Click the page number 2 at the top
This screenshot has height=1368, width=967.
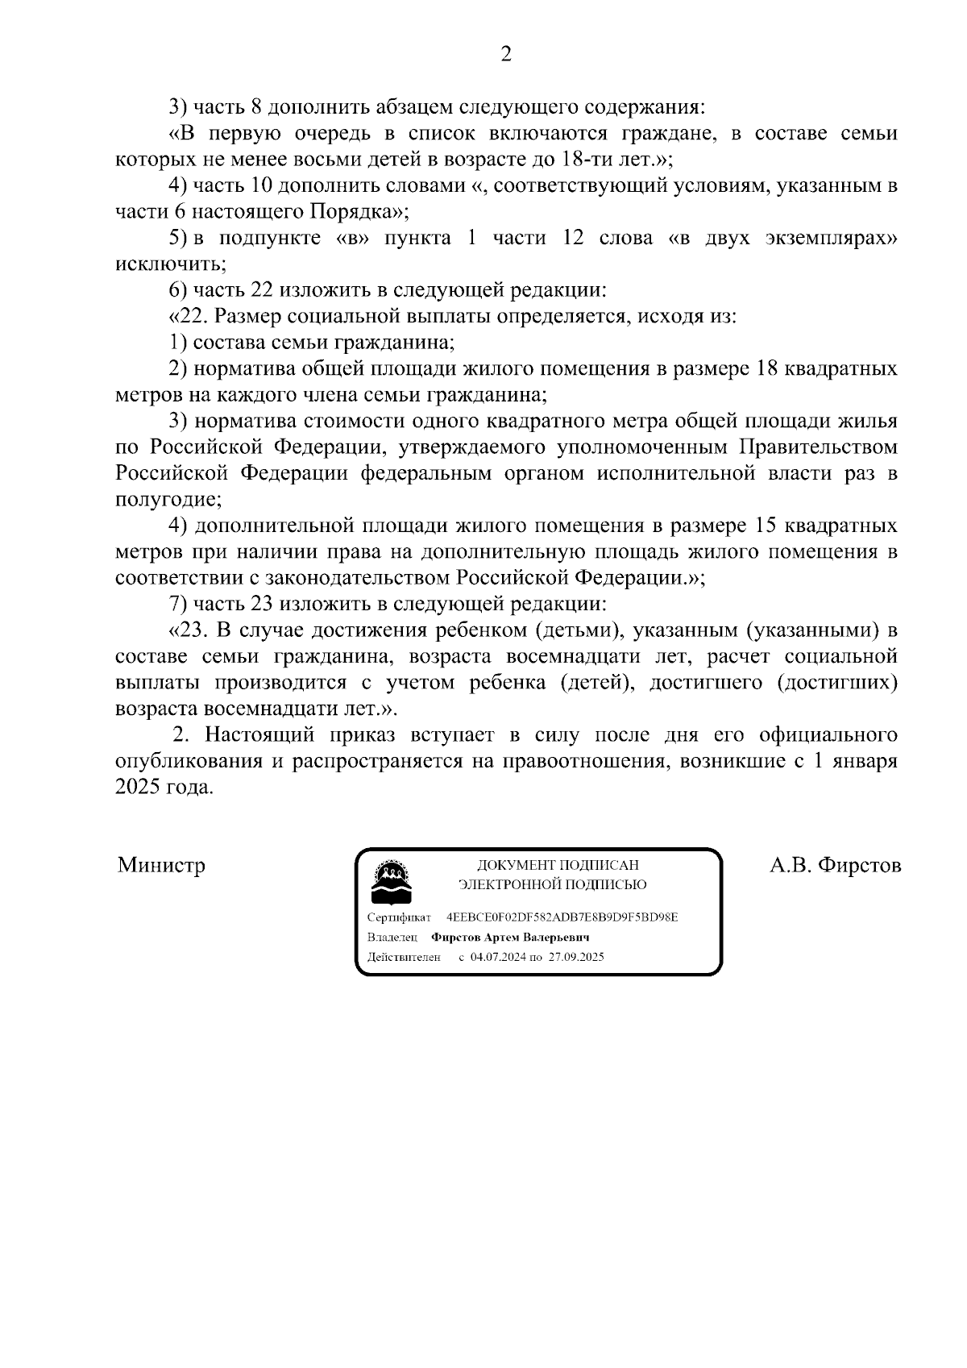(x=506, y=55)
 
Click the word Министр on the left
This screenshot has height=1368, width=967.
(x=161, y=866)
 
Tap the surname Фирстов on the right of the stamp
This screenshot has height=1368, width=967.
(x=858, y=866)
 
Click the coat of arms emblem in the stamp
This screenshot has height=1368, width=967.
(x=391, y=882)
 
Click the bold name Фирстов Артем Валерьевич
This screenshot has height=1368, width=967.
(x=510, y=938)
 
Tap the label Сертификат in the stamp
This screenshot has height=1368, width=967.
(x=399, y=917)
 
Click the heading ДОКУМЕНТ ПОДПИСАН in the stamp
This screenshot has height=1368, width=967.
(x=558, y=865)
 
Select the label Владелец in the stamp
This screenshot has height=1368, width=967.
(x=392, y=938)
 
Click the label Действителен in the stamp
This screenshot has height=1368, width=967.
(x=404, y=957)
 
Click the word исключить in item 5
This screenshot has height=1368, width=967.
(x=168, y=264)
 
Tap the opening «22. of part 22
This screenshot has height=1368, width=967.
(x=189, y=317)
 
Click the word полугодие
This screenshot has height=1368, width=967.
(x=166, y=500)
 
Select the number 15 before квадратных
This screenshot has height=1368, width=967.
(x=763, y=526)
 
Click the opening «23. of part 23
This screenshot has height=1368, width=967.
(x=189, y=630)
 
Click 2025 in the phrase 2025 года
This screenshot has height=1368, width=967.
(x=138, y=788)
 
